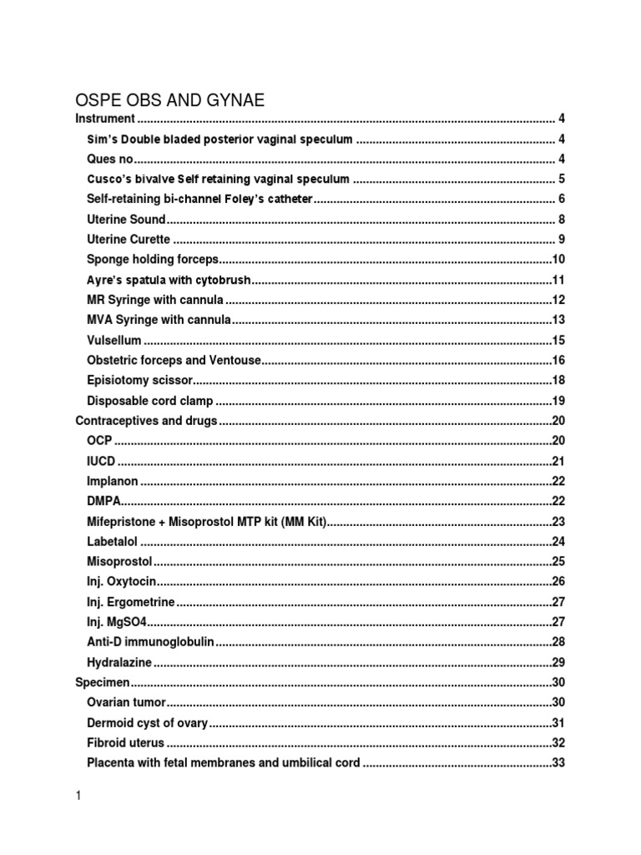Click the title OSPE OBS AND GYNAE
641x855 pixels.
point(170,100)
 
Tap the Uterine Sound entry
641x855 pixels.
point(126,220)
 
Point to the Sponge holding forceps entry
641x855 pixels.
point(152,260)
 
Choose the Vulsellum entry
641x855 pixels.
point(114,341)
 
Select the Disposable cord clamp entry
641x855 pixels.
point(149,401)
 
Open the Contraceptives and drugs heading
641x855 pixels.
point(147,421)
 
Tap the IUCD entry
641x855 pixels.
point(101,461)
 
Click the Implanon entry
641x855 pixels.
point(112,482)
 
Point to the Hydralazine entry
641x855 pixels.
point(120,663)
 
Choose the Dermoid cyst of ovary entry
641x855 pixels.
point(148,723)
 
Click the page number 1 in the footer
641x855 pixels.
point(78,797)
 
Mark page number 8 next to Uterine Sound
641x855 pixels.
point(562,220)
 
